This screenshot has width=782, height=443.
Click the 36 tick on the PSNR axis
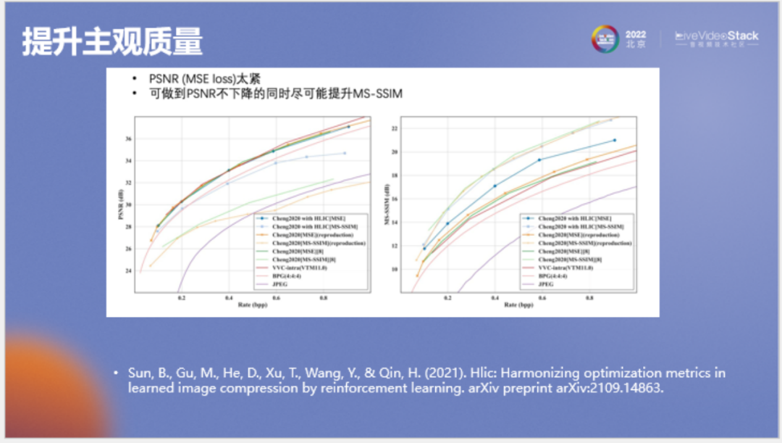coord(129,139)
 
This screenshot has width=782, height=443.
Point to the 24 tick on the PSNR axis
coord(129,271)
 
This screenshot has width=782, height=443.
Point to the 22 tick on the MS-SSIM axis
coord(395,129)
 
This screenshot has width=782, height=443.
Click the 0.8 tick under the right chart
coord(589,297)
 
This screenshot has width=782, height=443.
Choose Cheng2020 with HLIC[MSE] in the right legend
coord(571,218)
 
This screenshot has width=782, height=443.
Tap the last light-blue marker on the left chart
coord(344,153)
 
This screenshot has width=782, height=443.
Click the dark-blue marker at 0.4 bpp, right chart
coord(495,186)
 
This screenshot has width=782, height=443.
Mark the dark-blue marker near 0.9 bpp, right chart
coord(615,140)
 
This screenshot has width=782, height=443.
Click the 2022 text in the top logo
coord(636,34)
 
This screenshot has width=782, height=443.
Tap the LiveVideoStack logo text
coord(716,36)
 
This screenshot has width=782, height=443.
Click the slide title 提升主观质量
coord(112,42)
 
